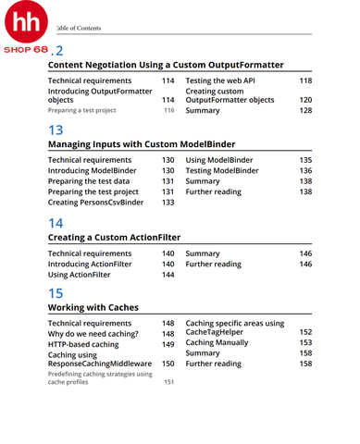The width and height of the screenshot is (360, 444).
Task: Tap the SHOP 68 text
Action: [x=26, y=49]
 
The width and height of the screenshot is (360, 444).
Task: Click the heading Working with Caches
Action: [x=93, y=307]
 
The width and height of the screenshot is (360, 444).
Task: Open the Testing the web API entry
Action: [x=223, y=81]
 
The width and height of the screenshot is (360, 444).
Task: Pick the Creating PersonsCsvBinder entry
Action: [x=95, y=202]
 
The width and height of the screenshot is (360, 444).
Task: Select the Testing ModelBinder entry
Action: [x=222, y=171]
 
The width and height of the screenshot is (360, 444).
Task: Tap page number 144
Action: [x=168, y=275]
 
